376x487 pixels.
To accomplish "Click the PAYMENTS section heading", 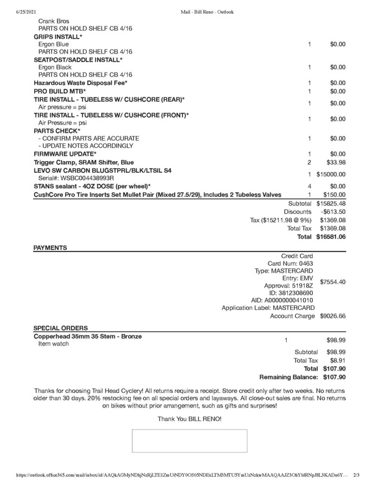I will coord(50,248).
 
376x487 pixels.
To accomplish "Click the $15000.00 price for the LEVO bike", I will coord(331,174).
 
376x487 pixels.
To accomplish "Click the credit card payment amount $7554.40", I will coord(333,282).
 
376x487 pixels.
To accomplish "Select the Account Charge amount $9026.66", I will coord(333,316).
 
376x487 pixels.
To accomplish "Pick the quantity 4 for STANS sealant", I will coord(309,186).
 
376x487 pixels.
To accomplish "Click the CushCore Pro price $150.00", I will coord(334,195).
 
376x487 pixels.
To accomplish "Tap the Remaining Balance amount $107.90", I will coord(334,377).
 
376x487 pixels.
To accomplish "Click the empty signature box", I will coord(189,440).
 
